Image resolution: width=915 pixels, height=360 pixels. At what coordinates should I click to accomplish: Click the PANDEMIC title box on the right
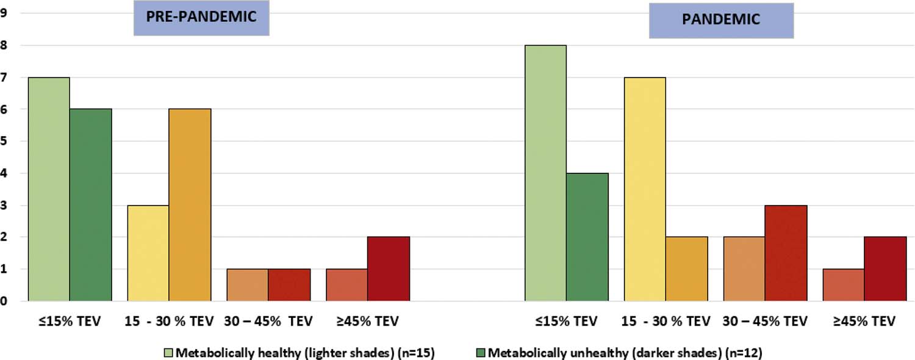click(x=721, y=20)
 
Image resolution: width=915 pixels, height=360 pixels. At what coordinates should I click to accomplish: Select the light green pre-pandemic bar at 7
click(x=49, y=189)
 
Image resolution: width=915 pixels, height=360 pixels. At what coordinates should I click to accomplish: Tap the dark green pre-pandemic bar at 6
click(x=90, y=205)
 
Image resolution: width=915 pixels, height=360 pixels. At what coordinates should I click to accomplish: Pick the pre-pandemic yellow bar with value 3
click(x=148, y=253)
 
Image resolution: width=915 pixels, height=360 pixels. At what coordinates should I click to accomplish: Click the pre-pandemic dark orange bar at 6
click(x=190, y=205)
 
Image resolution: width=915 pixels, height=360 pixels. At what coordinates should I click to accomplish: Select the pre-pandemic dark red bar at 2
click(x=389, y=269)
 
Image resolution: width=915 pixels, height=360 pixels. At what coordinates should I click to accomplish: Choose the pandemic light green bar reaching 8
click(x=545, y=173)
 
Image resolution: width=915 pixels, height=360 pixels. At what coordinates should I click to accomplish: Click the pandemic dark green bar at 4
click(x=587, y=237)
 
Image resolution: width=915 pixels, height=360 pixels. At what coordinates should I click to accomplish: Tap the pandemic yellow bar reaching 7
click(x=645, y=189)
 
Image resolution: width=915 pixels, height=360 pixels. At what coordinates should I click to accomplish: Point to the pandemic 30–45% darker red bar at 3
click(x=786, y=253)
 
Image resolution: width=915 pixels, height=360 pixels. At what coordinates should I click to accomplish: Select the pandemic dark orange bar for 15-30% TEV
click(x=686, y=269)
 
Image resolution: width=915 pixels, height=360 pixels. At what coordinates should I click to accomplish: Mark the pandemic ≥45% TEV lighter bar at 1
click(x=844, y=285)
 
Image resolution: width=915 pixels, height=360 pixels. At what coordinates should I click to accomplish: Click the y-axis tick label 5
click(x=4, y=142)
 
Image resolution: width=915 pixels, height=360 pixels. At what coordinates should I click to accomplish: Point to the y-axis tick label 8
click(x=4, y=45)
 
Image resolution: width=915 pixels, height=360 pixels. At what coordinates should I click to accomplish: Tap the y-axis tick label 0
click(x=4, y=301)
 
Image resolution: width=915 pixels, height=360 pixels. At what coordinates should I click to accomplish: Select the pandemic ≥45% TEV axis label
click(x=864, y=321)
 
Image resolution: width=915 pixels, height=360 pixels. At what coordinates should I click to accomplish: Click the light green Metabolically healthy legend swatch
click(x=169, y=351)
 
